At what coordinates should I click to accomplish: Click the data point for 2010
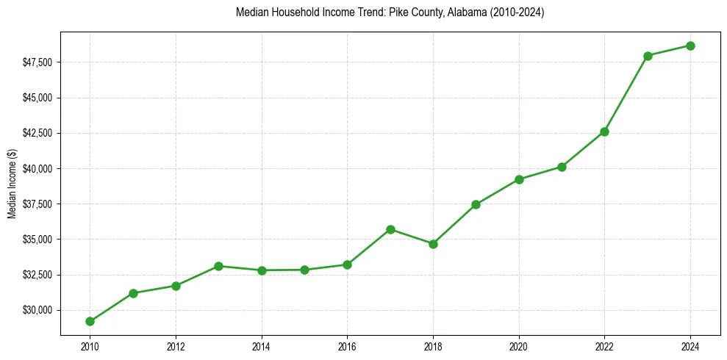(x=90, y=321)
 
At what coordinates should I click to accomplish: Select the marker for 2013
(x=218, y=266)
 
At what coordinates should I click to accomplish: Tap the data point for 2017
(x=390, y=229)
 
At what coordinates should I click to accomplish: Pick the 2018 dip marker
(x=433, y=244)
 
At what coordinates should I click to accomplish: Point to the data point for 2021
(x=562, y=167)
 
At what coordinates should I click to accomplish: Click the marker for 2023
(x=648, y=56)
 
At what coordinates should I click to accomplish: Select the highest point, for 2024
(x=690, y=46)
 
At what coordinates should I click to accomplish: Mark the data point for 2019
(x=476, y=204)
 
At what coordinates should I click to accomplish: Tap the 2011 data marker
(x=133, y=293)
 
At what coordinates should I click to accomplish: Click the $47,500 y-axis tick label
(x=37, y=62)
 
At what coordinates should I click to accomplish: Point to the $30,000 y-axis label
(x=37, y=310)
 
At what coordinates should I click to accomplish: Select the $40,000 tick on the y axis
(x=37, y=169)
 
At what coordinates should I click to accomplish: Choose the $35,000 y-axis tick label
(x=37, y=240)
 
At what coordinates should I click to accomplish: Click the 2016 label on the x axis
(x=347, y=345)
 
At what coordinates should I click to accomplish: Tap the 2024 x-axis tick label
(x=690, y=345)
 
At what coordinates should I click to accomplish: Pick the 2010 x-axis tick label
(x=90, y=345)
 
